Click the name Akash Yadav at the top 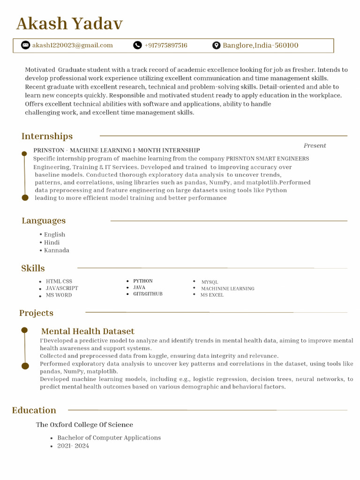tap(69, 23)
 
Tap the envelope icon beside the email tap(25, 45)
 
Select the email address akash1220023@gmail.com tap(72, 45)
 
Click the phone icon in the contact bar tap(137, 45)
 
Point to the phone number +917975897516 tap(166, 45)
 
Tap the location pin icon tap(216, 45)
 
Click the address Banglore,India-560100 tap(260, 45)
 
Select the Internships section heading tap(47, 136)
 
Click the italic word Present tap(315, 145)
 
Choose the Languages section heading tap(44, 221)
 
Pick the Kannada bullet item tap(56, 250)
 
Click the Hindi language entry tap(52, 242)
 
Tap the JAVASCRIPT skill tap(62, 288)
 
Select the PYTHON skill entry tap(142, 281)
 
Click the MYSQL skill tap(210, 282)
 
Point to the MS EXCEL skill tap(212, 295)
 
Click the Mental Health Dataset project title tap(88, 331)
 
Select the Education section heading tap(34, 410)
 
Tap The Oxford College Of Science tap(84, 425)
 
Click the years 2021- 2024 tap(73, 446)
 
